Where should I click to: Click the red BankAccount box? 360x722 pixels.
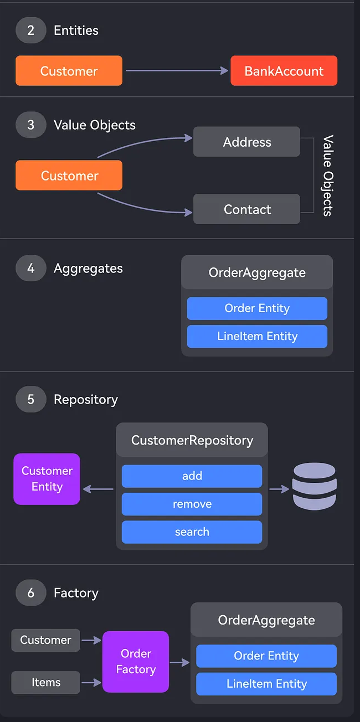[284, 71]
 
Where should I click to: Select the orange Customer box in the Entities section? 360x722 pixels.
[69, 71]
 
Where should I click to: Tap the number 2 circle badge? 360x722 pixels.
[30, 30]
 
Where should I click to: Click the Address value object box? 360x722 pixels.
[246, 142]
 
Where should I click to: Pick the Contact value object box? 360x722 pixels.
[246, 209]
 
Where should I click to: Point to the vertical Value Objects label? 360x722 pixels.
[328, 175]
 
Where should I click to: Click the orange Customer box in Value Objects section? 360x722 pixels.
[69, 176]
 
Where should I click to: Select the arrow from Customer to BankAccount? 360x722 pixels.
[177, 70]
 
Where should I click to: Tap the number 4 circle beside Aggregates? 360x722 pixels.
[30, 269]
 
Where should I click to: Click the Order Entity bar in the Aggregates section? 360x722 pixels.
[257, 308]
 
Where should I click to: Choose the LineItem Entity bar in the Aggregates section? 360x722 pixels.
[257, 336]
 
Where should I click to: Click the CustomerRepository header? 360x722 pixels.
[192, 440]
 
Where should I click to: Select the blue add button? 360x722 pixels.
[192, 476]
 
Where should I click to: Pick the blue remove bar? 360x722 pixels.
[192, 504]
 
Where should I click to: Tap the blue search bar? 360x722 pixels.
[192, 532]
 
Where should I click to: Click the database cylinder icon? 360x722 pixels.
[314, 487]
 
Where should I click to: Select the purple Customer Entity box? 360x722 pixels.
[47, 479]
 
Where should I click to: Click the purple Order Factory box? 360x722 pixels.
[136, 662]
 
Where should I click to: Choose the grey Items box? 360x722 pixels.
[46, 682]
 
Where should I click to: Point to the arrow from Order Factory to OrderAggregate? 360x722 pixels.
[179, 662]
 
